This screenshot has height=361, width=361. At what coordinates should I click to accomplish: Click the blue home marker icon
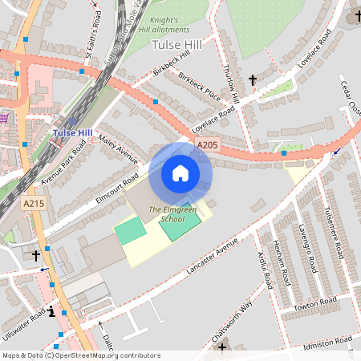coord(180,173)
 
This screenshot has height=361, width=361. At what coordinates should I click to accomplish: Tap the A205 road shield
coord(207,144)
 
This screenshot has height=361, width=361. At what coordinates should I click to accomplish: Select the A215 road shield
coord(33,204)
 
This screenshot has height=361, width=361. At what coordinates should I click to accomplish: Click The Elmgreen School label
coord(166,214)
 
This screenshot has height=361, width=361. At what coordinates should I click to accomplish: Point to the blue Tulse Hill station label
coord(71,132)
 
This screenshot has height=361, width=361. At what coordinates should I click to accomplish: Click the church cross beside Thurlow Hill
coord(253,80)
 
